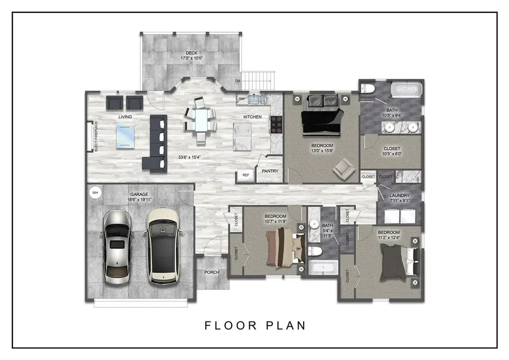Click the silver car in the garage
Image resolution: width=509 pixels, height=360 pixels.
pos(117,247)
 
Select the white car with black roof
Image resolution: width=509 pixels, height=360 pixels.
pos(162,247)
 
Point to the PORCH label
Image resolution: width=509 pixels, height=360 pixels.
pos(212,272)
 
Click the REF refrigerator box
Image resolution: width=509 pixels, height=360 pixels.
pos(245,175)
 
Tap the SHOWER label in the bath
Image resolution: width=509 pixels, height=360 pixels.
pos(407,89)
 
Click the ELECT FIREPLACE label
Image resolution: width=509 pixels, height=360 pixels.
pos(96,136)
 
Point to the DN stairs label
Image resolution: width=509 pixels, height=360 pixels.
pos(238,81)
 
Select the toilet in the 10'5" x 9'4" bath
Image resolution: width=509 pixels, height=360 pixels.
pos(368,89)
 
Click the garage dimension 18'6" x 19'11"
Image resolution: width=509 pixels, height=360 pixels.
pos(138,199)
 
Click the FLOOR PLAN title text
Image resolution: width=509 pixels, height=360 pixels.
pos(255,325)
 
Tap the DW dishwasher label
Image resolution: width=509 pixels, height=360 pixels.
pos(241,99)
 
